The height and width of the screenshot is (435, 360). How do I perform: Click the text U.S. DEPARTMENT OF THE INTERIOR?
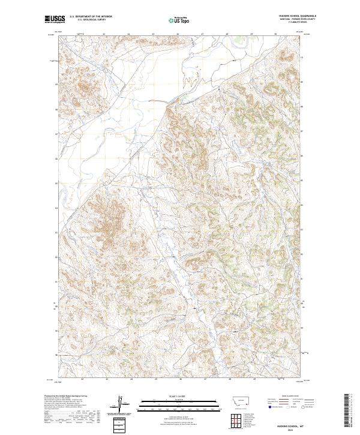tap(91, 16)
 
